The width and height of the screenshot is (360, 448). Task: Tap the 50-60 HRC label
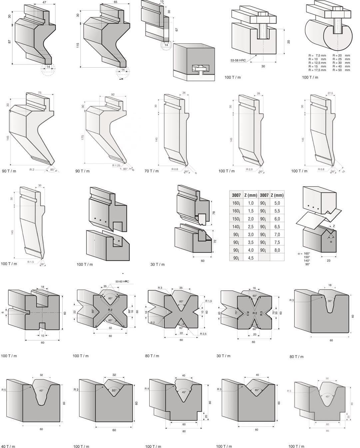[122, 281]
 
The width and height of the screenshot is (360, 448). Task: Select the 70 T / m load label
[152, 171]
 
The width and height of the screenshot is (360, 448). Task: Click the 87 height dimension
[10, 42]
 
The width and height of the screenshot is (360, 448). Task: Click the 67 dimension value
[177, 30]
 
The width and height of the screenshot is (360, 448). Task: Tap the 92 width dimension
[113, 95]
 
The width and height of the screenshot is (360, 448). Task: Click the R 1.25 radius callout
[116, 166]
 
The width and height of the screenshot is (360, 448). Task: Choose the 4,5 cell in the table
[250, 258]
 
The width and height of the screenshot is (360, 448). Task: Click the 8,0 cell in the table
[277, 250]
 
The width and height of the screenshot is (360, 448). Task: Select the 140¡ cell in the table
[236, 226]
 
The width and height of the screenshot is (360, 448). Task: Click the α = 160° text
[304, 253]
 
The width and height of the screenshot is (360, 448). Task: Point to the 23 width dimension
[328, 260]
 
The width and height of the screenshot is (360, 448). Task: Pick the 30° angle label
[330, 301]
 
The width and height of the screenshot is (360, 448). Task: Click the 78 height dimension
[214, 213]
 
